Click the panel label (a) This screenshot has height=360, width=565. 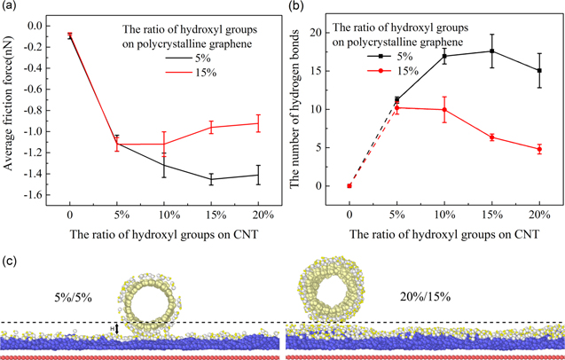[x=10, y=8]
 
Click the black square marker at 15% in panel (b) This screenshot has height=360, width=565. [x=491, y=51]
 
